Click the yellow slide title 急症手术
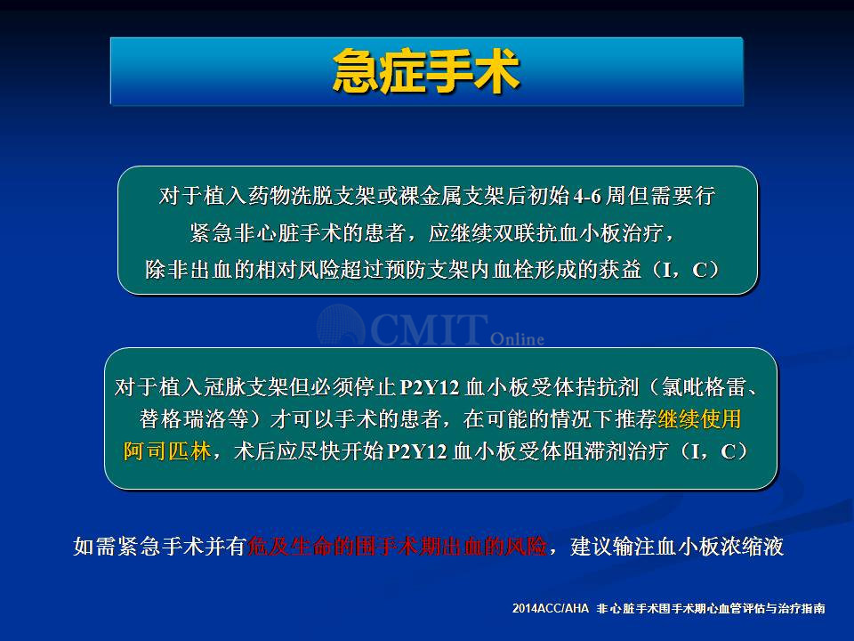(x=426, y=71)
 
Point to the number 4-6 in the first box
(x=587, y=196)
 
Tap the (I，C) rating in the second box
(x=713, y=451)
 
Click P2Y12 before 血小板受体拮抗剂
(x=430, y=387)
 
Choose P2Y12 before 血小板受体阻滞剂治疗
(x=416, y=452)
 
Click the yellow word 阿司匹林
(x=167, y=451)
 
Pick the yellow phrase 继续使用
(x=700, y=419)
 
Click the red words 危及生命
(x=289, y=546)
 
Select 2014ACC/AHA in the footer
(x=551, y=608)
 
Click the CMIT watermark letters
(x=429, y=329)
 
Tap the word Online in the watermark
(x=517, y=339)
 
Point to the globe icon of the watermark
(x=341, y=326)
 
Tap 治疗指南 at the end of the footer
(x=802, y=608)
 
